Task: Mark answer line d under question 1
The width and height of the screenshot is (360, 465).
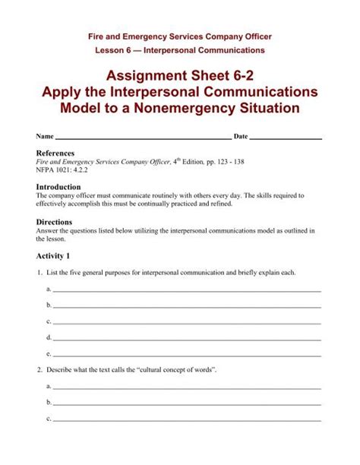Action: (x=186, y=338)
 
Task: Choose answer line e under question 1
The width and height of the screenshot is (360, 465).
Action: (x=186, y=355)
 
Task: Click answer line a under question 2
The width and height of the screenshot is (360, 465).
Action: (x=186, y=387)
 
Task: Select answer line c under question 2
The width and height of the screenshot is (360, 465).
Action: (x=186, y=420)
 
